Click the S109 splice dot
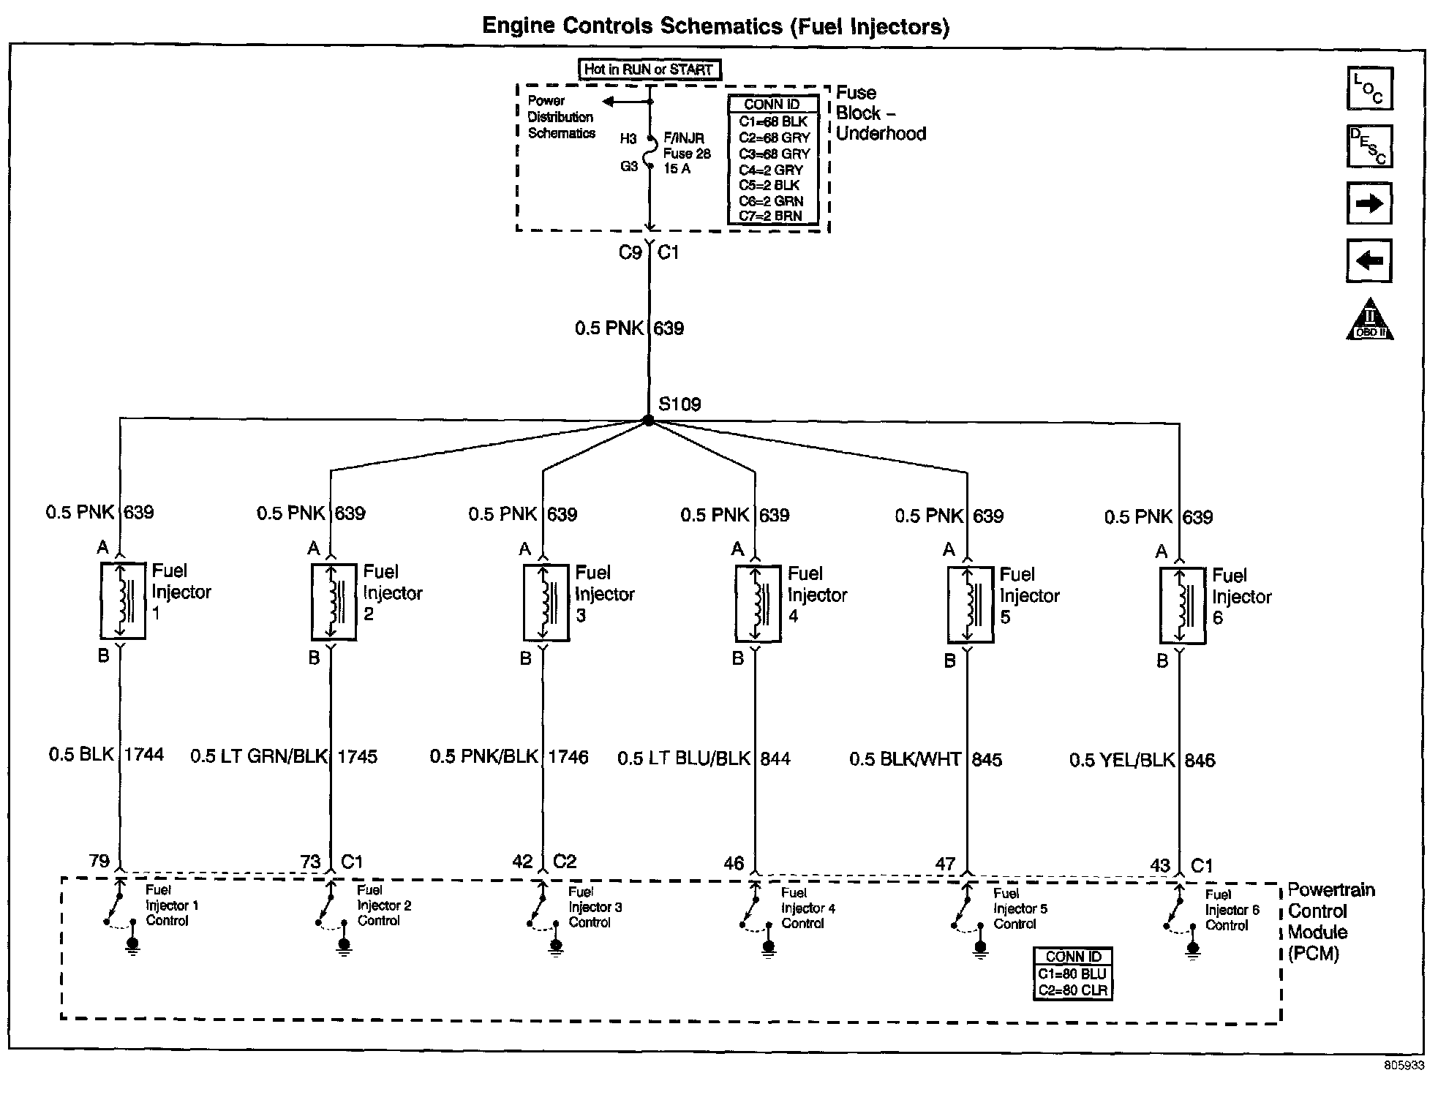(648, 421)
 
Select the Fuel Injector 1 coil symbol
(123, 600)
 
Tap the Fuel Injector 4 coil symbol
(758, 603)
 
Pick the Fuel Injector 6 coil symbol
(1183, 606)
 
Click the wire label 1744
(143, 754)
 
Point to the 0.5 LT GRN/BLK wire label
(259, 756)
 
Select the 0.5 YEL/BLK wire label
(1121, 761)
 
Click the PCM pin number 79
(99, 861)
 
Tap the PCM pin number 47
(945, 864)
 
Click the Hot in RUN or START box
(649, 69)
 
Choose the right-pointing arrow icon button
(1369, 203)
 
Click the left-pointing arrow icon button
(1369, 260)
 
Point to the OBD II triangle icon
(1369, 320)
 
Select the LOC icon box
(1369, 88)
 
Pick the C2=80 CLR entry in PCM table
(1073, 991)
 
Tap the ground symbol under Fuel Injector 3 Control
(556, 947)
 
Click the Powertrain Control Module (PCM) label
(1330, 922)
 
